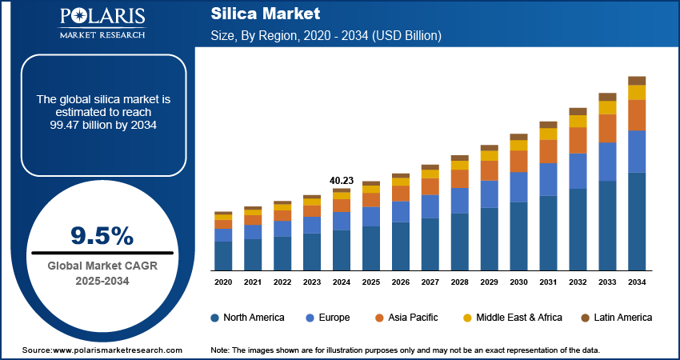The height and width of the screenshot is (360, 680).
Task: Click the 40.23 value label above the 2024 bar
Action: pos(342,180)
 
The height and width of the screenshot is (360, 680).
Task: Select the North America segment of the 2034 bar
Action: pos(637,221)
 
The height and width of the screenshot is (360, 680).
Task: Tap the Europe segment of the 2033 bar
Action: pos(607,162)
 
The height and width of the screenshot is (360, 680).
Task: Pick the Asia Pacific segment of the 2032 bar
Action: pos(578,140)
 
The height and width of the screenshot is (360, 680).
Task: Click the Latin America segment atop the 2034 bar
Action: pos(637,80)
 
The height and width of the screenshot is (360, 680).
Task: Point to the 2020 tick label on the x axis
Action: pos(223,282)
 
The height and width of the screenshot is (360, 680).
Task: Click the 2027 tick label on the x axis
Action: pos(430,282)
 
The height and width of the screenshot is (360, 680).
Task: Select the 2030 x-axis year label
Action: pos(518,282)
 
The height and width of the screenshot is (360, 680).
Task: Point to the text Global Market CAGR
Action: pos(102,266)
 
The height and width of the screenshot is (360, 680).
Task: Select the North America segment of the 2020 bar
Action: pos(223,255)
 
